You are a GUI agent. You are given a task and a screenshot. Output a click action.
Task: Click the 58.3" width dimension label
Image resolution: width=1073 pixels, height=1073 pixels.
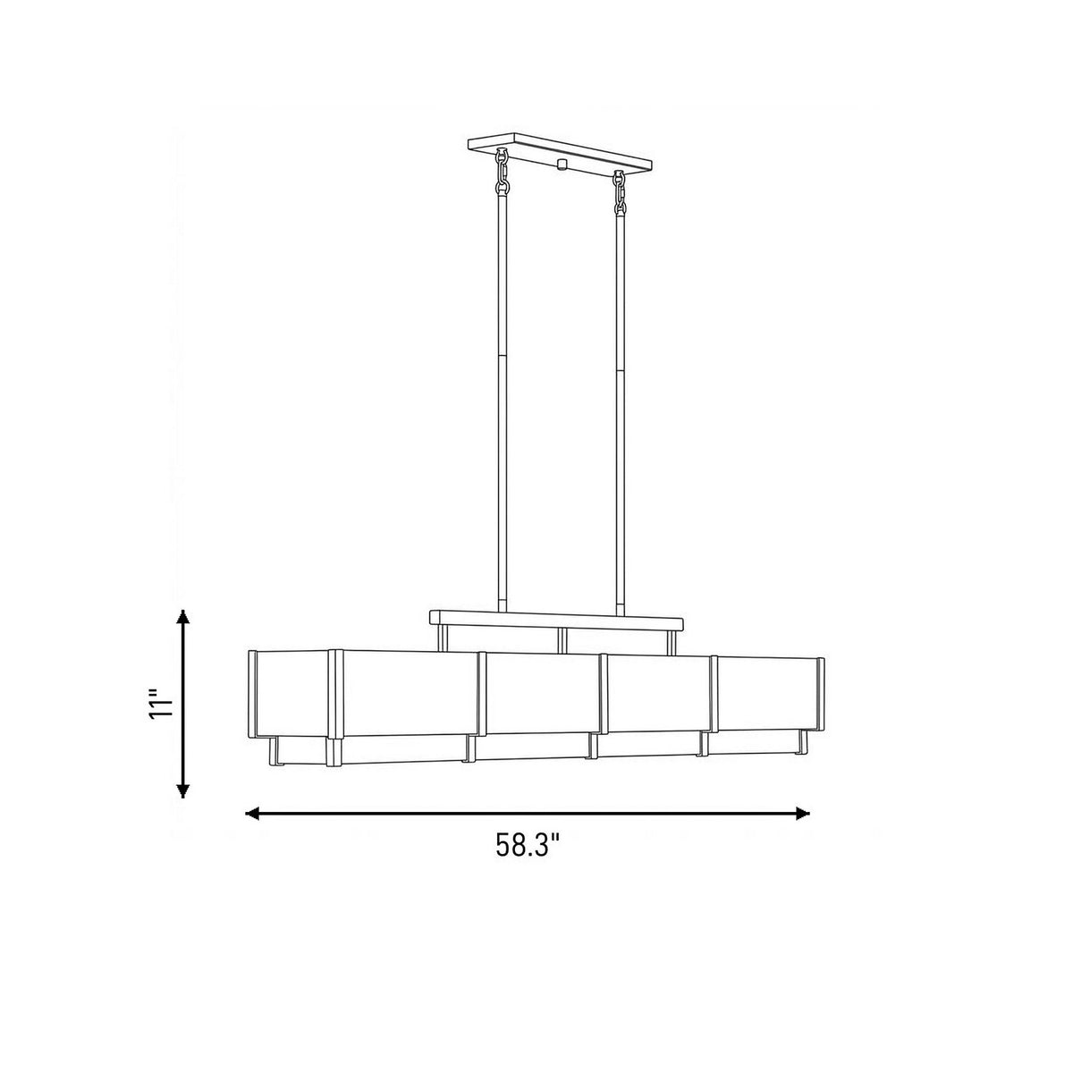point(527,845)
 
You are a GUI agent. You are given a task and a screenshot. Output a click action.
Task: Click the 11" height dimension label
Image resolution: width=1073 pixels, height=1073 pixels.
point(162,705)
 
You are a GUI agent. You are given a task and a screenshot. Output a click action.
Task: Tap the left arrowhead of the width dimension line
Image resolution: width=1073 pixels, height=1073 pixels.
point(252,814)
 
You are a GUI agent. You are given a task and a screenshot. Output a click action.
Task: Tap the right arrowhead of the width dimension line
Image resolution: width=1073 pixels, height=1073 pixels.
point(802,814)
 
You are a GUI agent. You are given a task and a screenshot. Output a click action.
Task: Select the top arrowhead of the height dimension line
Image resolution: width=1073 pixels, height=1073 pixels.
point(182,617)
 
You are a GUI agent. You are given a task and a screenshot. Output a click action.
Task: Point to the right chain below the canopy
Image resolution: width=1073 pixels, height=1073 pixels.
point(619,192)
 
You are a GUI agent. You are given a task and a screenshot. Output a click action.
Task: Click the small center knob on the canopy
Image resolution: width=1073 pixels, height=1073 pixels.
point(562,164)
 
